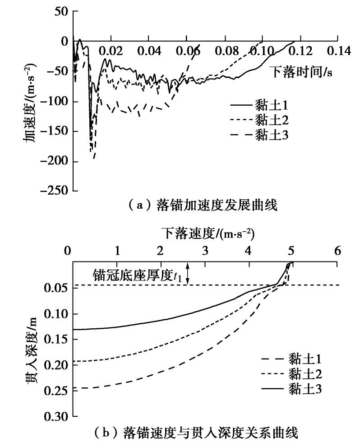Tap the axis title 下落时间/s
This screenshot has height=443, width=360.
point(301,72)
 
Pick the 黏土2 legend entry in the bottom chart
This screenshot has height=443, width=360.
point(304,374)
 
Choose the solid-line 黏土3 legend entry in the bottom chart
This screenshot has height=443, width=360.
point(304,388)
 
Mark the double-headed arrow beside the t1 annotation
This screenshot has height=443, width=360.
point(189,274)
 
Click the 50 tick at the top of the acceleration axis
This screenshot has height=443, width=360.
point(60,11)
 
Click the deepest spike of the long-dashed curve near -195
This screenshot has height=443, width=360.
point(94,158)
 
